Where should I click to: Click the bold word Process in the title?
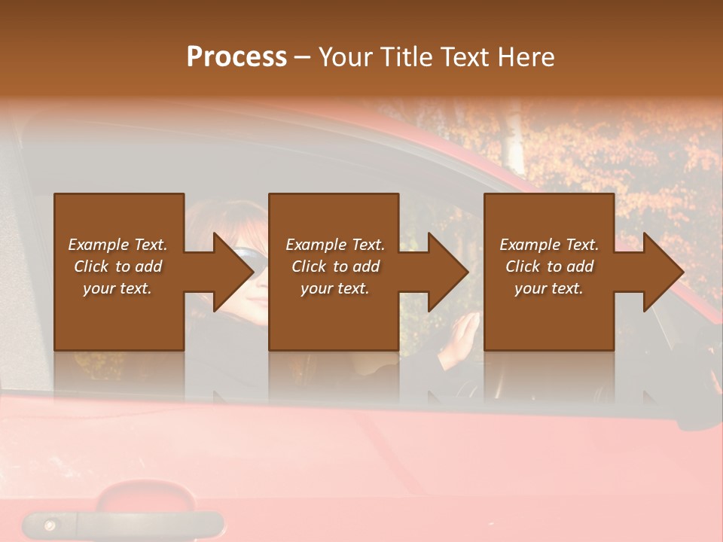[236, 56]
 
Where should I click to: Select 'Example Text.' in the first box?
[117, 245]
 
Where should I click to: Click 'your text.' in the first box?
[117, 288]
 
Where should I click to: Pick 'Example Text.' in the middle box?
[335, 245]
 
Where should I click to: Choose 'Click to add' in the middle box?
[335, 266]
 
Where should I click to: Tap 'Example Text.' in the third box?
[549, 245]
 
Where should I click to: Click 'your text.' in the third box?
[549, 288]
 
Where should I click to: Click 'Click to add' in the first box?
[117, 266]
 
